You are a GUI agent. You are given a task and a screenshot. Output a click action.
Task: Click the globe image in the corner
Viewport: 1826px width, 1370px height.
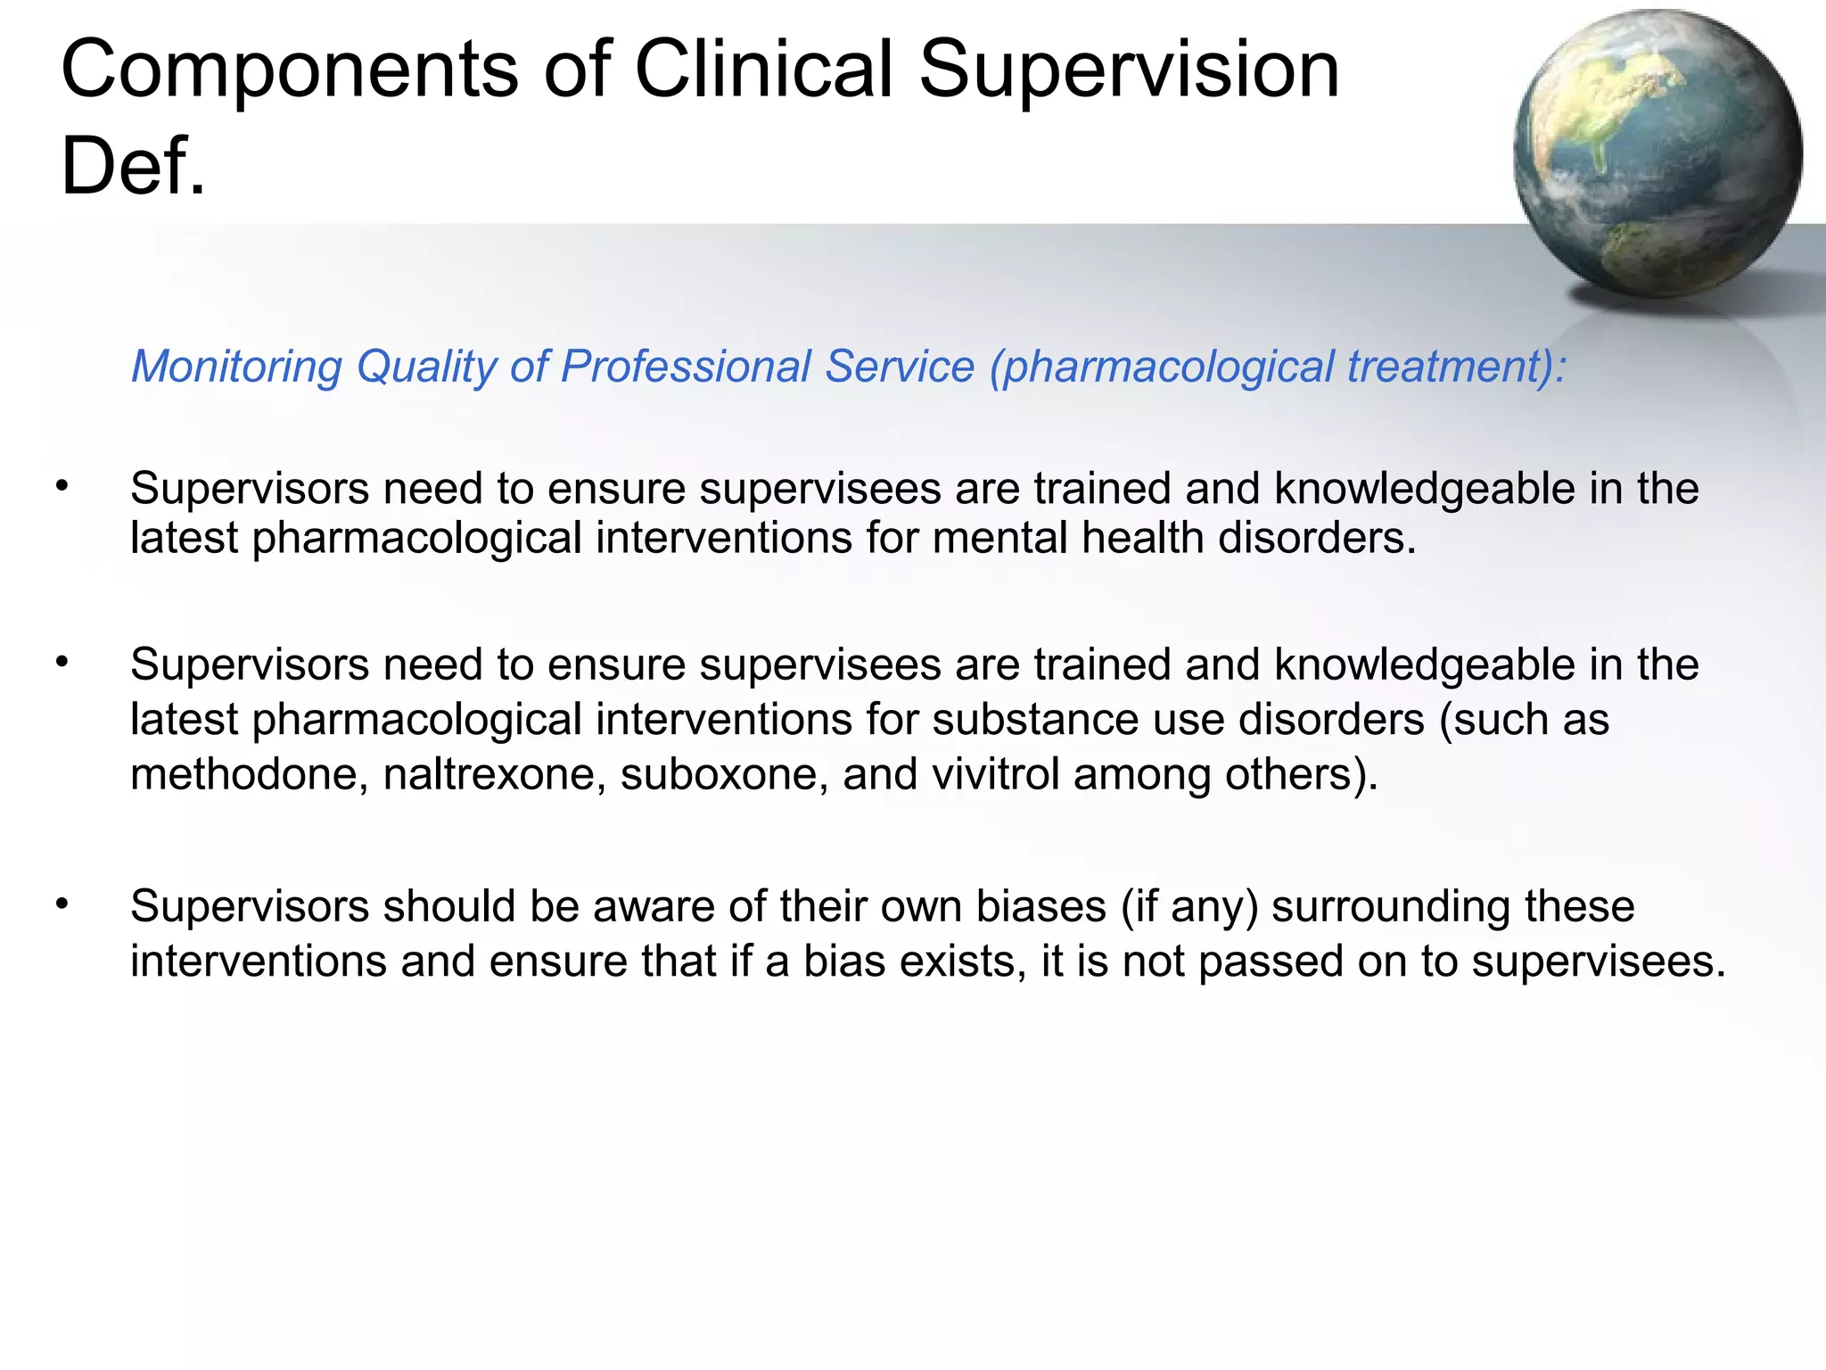coord(1657,153)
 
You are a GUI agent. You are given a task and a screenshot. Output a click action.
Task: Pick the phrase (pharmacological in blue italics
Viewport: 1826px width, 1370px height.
coord(1160,367)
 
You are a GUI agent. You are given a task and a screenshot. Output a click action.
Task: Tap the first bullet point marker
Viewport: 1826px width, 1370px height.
coord(62,486)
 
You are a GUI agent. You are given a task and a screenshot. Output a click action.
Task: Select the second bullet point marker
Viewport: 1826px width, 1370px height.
coord(62,662)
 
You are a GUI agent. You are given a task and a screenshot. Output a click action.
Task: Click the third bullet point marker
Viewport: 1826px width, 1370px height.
coord(62,904)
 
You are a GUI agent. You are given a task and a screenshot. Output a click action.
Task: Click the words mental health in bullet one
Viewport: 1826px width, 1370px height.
coord(1067,538)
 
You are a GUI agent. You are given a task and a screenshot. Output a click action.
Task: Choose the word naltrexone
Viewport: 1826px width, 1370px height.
coord(495,774)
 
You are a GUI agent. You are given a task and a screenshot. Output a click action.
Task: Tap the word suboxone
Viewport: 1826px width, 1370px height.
coord(724,774)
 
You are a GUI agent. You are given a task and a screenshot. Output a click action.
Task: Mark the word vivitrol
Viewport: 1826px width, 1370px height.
coord(995,774)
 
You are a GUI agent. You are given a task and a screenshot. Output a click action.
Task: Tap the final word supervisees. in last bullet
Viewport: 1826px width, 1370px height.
coord(1599,961)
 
